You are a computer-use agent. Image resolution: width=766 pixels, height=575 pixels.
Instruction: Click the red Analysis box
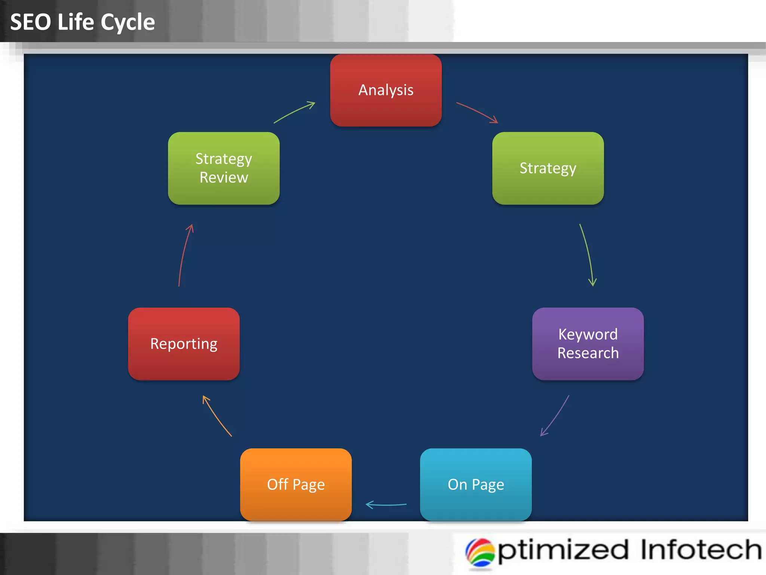click(386, 90)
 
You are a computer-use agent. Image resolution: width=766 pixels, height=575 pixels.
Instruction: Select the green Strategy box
click(548, 168)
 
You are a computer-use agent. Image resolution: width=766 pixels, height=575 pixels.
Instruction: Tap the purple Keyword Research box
click(588, 344)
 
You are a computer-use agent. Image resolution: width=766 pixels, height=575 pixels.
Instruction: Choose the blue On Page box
click(475, 484)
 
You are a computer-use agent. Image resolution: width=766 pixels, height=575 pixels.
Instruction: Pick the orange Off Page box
click(295, 484)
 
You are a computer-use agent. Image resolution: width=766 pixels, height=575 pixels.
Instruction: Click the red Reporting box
click(184, 344)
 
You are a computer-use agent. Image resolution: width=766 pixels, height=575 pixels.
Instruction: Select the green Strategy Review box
click(224, 168)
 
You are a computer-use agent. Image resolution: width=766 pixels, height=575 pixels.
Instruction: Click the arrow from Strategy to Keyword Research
click(588, 255)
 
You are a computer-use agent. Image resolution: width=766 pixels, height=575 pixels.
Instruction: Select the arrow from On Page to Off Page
click(386, 505)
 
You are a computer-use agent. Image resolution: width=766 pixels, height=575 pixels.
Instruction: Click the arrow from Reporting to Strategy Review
click(184, 255)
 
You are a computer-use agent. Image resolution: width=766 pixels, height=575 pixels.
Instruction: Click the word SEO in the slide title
click(30, 22)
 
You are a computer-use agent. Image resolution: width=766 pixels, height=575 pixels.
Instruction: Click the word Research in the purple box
click(588, 353)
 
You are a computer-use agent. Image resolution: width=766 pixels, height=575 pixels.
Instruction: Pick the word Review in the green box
click(224, 177)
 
